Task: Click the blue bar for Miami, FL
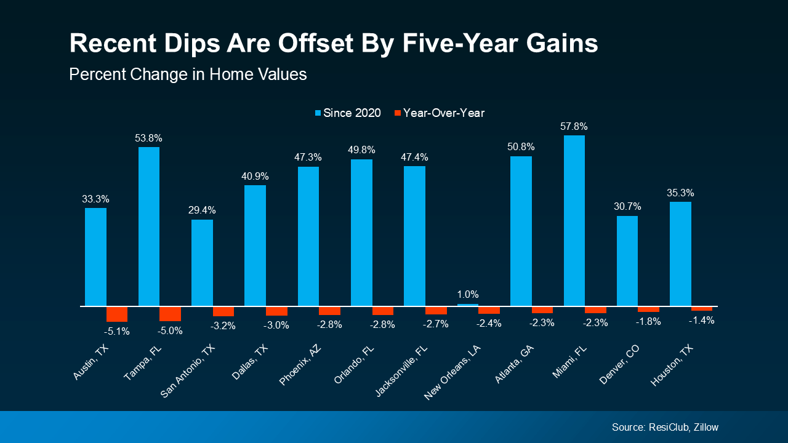[574, 220]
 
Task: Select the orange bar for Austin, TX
[117, 314]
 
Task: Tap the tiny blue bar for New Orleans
[468, 305]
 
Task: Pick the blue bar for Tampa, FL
[149, 226]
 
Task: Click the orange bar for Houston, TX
[702, 308]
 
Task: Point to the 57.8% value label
[574, 126]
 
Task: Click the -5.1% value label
[117, 331]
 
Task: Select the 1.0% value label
[468, 294]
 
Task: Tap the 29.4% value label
[202, 210]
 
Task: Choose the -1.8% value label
[648, 321]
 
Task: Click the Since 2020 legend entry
[348, 113]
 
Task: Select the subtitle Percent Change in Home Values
[188, 74]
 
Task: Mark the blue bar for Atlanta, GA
[521, 231]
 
